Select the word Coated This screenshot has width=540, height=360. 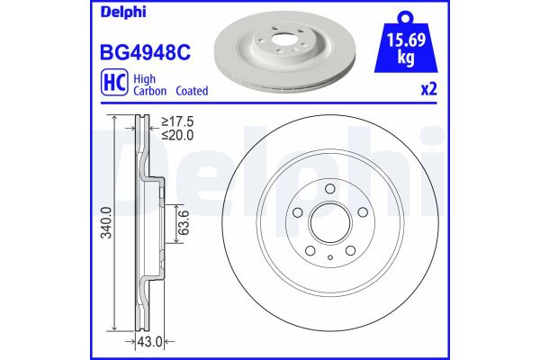(191, 91)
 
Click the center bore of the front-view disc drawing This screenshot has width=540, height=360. (330, 221)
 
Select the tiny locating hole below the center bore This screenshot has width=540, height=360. (330, 256)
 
